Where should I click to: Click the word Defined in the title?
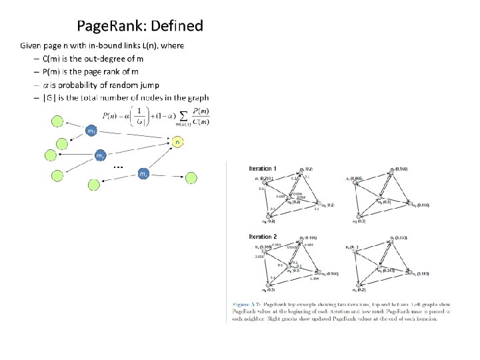pos(177,27)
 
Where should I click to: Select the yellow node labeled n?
pos(177,142)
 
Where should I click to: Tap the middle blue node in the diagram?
pos(99,155)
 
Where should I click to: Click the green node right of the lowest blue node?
pos(192,177)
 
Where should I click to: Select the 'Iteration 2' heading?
pos(263,237)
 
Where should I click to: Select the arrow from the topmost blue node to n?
pos(133,136)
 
